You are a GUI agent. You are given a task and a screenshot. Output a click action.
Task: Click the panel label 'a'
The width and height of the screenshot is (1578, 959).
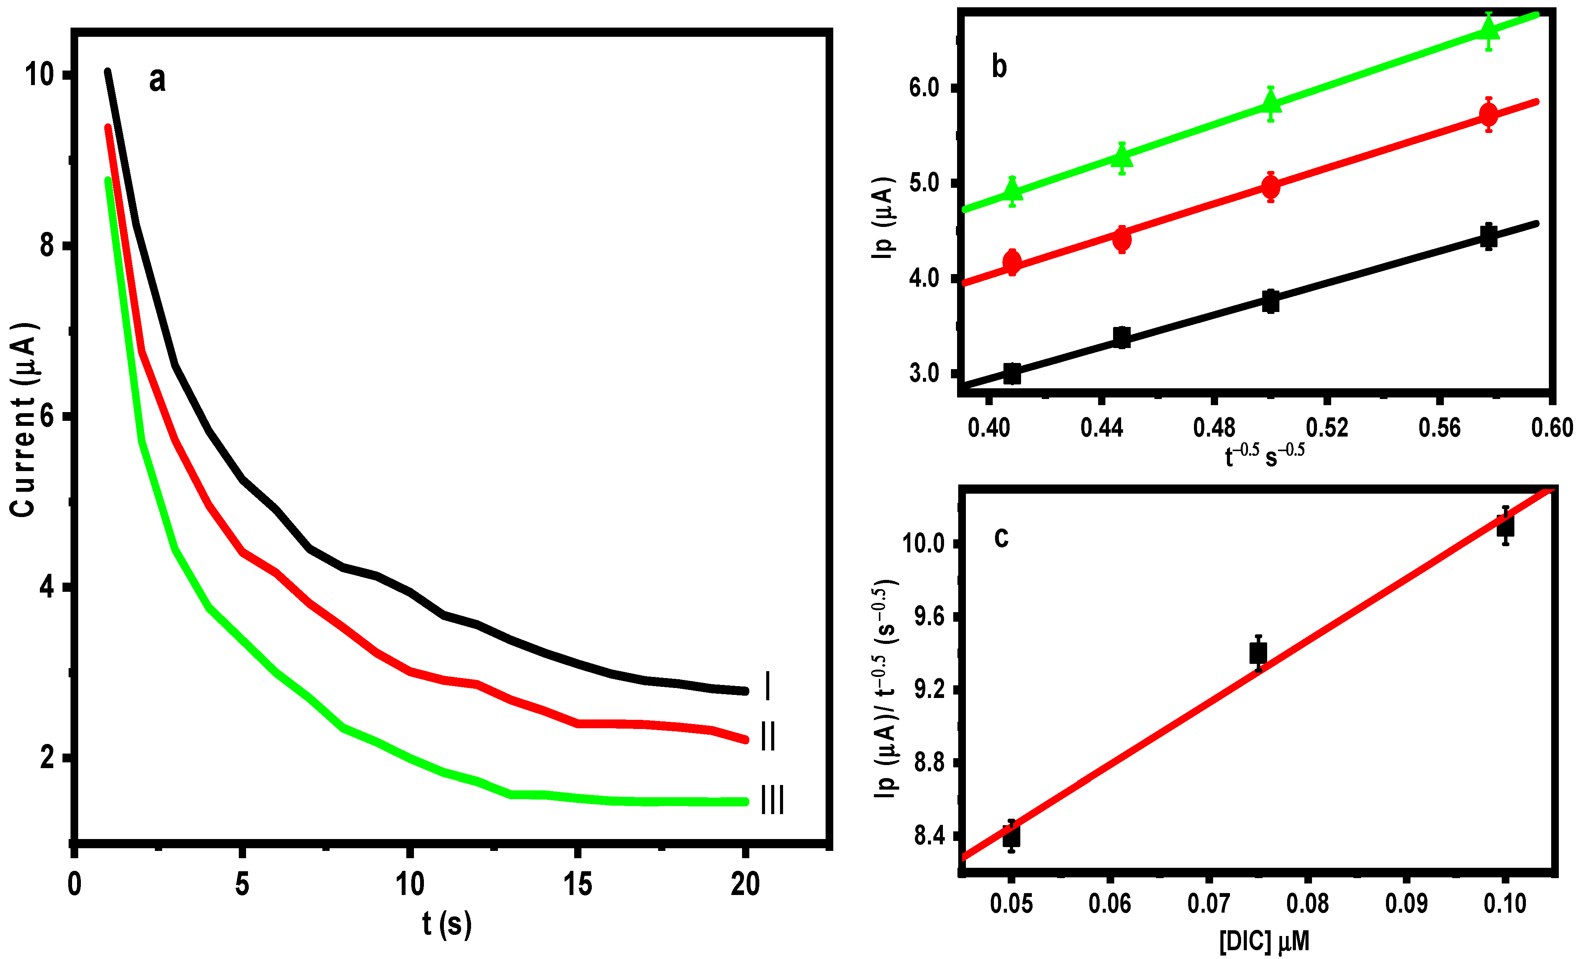coord(157,80)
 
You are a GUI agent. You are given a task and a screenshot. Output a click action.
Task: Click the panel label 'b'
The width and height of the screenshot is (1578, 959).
coord(999,67)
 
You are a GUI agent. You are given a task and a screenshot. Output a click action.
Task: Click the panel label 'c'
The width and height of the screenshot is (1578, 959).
coord(1001,537)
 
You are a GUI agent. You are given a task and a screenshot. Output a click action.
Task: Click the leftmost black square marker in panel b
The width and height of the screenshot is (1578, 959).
coord(1012,373)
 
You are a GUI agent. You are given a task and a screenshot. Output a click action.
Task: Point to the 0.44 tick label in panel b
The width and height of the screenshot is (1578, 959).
coord(1102,428)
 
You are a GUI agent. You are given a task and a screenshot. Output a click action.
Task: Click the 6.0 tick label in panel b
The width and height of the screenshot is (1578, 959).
coord(923,88)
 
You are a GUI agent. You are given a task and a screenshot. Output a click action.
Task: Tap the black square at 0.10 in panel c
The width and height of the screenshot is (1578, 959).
coord(1505,525)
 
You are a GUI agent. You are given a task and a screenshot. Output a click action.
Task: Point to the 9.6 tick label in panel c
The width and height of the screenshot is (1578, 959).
coord(929,617)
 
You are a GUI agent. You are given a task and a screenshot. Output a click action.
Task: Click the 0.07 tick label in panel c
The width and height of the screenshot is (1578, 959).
coord(1209,903)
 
